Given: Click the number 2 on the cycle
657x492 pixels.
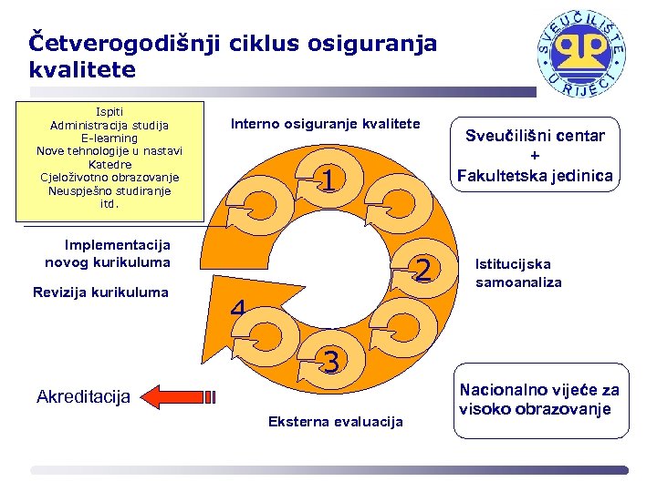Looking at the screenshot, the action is pyautogui.click(x=422, y=268).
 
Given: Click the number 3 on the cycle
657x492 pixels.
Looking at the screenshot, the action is pyautogui.click(x=332, y=362).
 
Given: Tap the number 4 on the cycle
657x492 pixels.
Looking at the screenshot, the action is pyautogui.click(x=238, y=310).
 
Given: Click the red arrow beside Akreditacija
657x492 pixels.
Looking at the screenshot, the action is pyautogui.click(x=181, y=396).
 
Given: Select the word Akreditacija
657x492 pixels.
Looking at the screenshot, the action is pyautogui.click(x=84, y=396).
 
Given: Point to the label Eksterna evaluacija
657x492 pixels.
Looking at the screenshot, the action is pyautogui.click(x=335, y=421).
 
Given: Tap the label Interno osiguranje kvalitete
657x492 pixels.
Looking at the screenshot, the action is pyautogui.click(x=325, y=123).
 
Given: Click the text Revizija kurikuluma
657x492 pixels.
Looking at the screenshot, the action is pyautogui.click(x=100, y=292).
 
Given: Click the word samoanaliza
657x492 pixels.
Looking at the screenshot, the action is pyautogui.click(x=518, y=282).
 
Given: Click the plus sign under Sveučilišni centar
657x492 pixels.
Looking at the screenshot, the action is pyautogui.click(x=535, y=156).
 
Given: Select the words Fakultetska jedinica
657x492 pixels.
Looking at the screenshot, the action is pyautogui.click(x=535, y=175).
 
